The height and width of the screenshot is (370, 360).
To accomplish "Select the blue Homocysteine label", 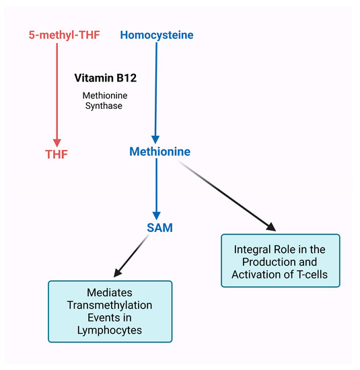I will [156, 34].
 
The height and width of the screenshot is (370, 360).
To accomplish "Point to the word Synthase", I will [104, 106].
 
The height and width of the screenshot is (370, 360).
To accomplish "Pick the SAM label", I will [159, 228].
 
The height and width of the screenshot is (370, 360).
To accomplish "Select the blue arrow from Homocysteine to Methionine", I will [156, 87].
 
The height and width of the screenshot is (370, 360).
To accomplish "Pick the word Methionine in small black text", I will [104, 96].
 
